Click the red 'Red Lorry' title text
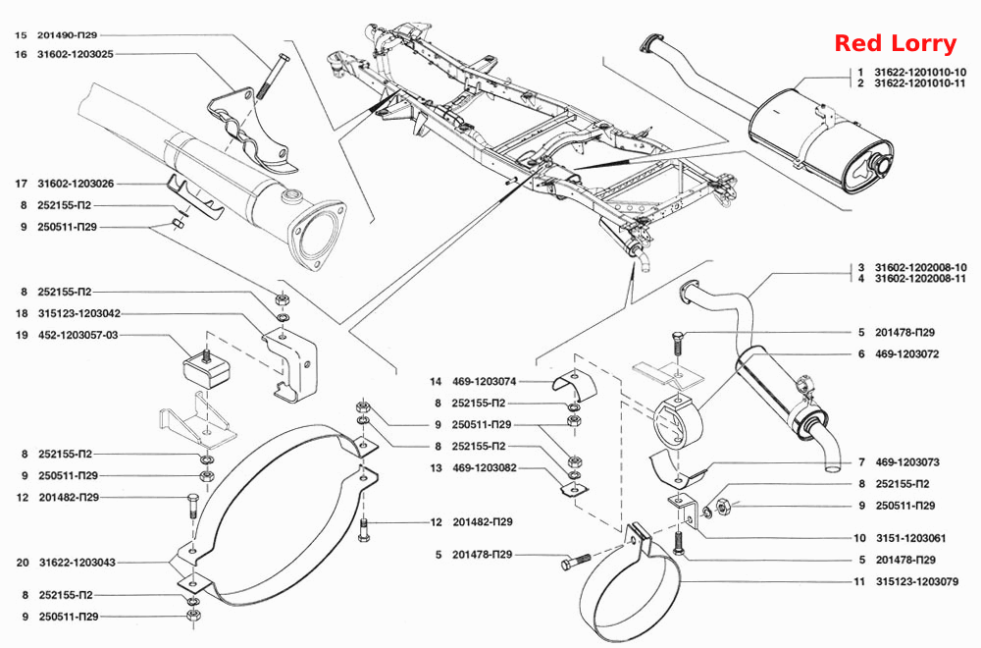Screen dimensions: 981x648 (x=896, y=43)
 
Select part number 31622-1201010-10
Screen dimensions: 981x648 (x=920, y=72)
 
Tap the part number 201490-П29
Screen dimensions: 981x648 (x=67, y=35)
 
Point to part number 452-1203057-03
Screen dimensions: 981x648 (x=77, y=335)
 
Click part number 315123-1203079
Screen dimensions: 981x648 (x=917, y=581)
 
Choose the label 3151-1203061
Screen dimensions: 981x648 (x=911, y=538)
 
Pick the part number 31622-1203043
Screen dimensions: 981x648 (x=77, y=563)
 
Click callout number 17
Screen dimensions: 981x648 (x=22, y=184)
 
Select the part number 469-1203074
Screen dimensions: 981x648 (x=485, y=381)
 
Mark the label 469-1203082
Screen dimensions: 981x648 (x=485, y=467)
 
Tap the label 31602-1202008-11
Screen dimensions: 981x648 (x=920, y=278)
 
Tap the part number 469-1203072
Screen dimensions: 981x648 (x=907, y=353)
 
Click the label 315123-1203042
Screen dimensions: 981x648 (x=78, y=313)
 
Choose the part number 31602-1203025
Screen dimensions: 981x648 (x=76, y=54)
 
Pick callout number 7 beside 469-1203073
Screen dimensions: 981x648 (x=861, y=462)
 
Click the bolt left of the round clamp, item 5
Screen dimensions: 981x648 (x=576, y=561)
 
